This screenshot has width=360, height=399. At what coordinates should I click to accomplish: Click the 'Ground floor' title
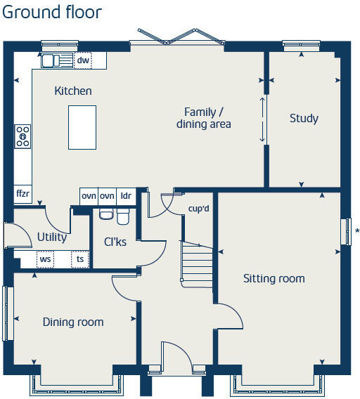point(52,13)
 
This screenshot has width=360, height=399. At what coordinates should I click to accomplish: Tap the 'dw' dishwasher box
point(83,61)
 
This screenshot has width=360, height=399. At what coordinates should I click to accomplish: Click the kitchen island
point(82,126)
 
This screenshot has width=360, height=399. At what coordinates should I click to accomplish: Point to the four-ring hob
point(23,136)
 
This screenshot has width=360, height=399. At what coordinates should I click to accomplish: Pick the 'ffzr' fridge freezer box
point(22,193)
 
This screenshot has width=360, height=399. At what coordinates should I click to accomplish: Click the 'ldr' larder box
point(125,196)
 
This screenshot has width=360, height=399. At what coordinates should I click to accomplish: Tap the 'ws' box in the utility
point(45,259)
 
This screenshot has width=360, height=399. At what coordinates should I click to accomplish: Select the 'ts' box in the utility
point(80,259)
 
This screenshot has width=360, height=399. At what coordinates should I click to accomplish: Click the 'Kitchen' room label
point(73,91)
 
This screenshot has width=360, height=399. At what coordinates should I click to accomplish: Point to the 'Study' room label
point(304,118)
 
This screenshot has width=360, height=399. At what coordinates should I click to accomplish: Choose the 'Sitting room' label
point(274,278)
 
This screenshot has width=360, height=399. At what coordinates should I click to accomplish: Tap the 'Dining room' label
point(73,322)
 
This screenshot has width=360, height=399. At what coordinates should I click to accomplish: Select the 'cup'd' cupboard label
point(199,209)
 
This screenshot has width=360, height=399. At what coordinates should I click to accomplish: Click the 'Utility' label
point(52,237)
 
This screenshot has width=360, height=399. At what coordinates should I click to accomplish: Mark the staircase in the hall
point(197,263)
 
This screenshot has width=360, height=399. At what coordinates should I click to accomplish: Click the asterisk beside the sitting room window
point(357,231)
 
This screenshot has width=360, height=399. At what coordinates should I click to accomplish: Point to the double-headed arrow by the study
point(264,119)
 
